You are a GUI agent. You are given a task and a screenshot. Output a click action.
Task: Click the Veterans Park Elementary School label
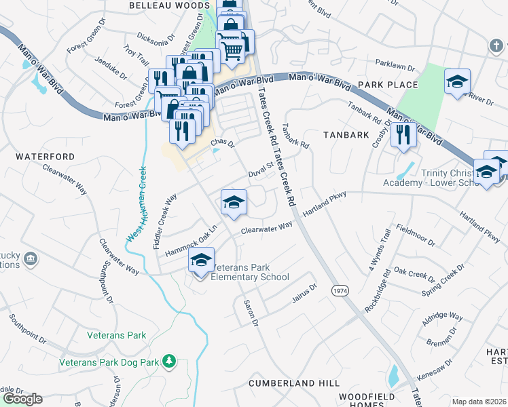pos(251,272)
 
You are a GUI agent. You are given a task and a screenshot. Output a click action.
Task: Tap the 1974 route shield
pos(340,290)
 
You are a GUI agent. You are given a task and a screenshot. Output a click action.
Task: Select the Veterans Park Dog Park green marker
pos(169,362)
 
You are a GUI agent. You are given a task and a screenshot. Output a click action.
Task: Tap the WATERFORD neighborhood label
pos(45,157)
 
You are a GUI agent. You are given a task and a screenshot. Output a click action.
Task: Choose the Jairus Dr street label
pos(304,291)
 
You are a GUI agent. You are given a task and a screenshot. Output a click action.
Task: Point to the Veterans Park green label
pos(117,335)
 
